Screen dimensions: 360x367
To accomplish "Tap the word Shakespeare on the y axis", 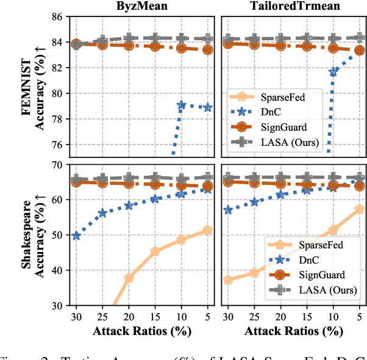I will (30, 234).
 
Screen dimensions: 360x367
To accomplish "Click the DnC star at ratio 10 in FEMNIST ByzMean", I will (182, 105).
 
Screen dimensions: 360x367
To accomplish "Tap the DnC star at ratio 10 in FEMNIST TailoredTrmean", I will (333, 72).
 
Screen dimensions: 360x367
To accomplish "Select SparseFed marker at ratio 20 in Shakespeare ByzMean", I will (129, 278).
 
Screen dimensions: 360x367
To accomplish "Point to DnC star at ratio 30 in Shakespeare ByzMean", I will (76, 235).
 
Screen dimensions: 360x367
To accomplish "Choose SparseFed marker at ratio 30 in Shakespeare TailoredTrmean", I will (228, 280).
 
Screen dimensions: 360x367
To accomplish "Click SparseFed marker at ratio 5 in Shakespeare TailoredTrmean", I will (360, 209).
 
